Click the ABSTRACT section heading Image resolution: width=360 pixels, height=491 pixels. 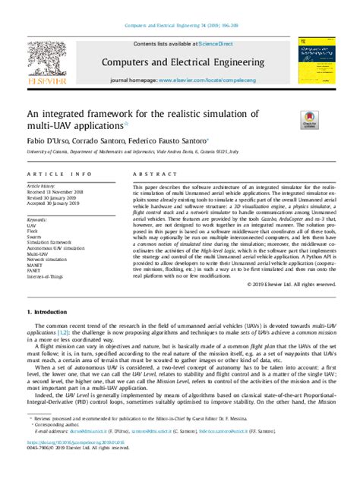click(x=149, y=173)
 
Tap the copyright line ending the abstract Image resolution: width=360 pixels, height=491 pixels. click(x=291, y=284)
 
